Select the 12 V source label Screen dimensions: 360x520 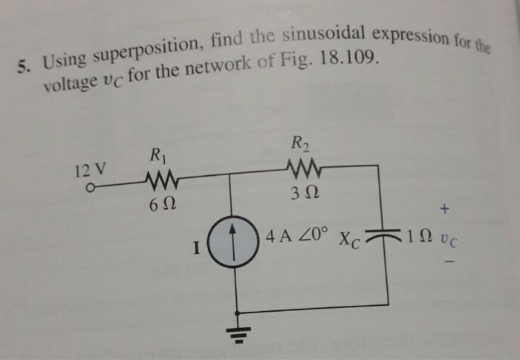(90, 169)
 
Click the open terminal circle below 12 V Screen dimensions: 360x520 (90, 187)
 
